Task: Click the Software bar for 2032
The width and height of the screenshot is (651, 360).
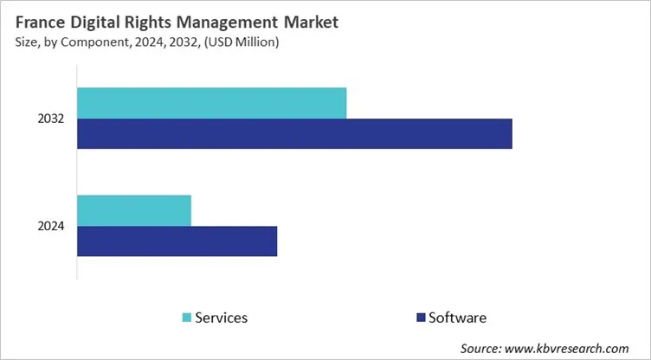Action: [x=294, y=133]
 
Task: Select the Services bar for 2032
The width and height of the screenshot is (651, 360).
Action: [x=211, y=103]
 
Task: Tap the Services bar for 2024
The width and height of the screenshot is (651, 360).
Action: [x=134, y=210]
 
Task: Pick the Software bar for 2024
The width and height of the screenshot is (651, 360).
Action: [x=177, y=241]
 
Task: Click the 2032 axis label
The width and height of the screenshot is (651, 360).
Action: [x=51, y=119]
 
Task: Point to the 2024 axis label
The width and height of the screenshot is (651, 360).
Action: [x=51, y=227]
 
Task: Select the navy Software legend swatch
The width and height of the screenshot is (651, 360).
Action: [x=422, y=318]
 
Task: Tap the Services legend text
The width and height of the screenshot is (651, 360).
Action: [x=221, y=318]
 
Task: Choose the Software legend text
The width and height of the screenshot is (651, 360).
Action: [x=457, y=318]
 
